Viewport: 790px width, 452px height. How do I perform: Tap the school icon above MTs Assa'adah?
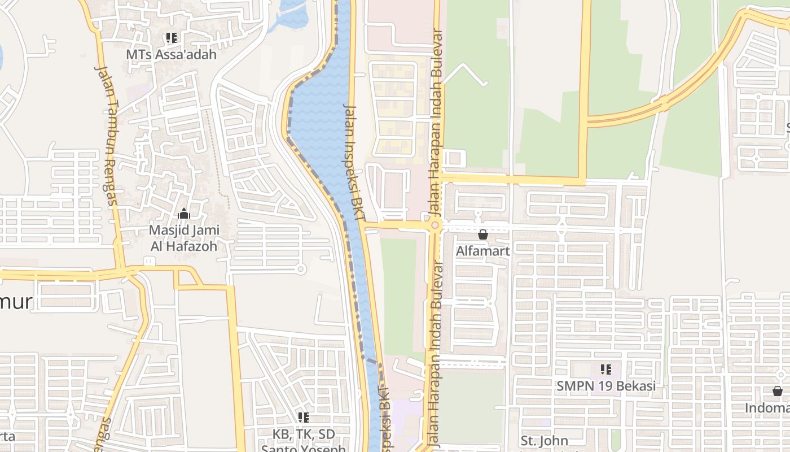tap(172, 38)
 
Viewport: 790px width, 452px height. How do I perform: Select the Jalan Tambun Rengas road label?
tap(107, 136)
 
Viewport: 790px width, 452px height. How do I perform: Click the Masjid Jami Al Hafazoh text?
tap(184, 238)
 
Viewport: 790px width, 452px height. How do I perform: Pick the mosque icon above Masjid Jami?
tap(184, 214)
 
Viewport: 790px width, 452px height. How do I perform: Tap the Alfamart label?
tap(483, 251)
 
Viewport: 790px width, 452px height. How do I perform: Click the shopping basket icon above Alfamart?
tap(483, 234)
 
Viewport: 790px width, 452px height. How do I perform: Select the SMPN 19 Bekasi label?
tap(606, 386)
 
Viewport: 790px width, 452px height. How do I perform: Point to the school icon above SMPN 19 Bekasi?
tap(606, 370)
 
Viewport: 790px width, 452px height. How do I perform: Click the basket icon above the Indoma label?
tap(778, 391)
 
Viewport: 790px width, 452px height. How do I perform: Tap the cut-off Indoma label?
tap(767, 408)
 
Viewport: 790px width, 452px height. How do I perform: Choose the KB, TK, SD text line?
tap(304, 434)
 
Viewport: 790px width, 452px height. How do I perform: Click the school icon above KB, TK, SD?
tap(304, 418)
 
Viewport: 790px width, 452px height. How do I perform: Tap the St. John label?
tap(544, 441)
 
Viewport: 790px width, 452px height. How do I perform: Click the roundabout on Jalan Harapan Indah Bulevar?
tap(434, 226)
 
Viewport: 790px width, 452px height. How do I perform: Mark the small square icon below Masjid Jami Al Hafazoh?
tap(149, 261)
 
